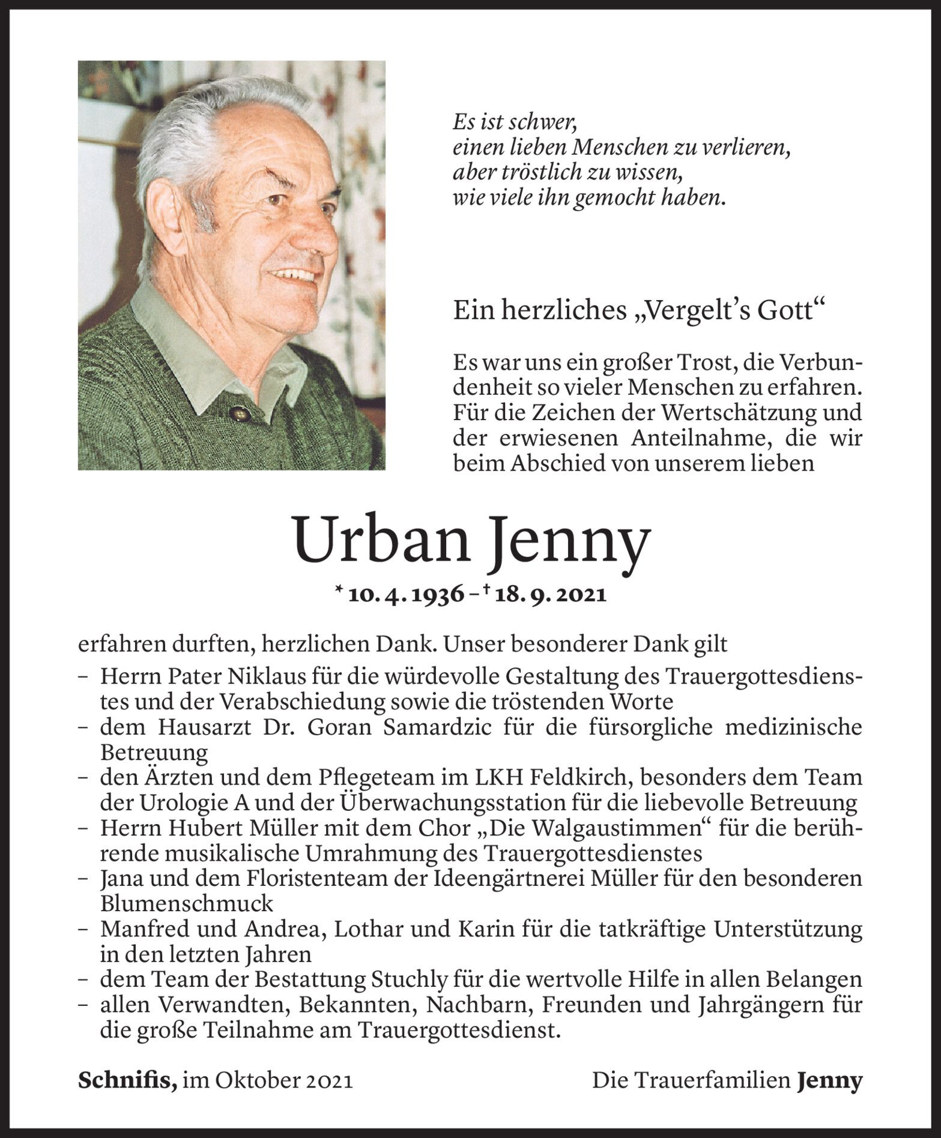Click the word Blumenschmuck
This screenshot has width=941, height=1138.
point(187,904)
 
